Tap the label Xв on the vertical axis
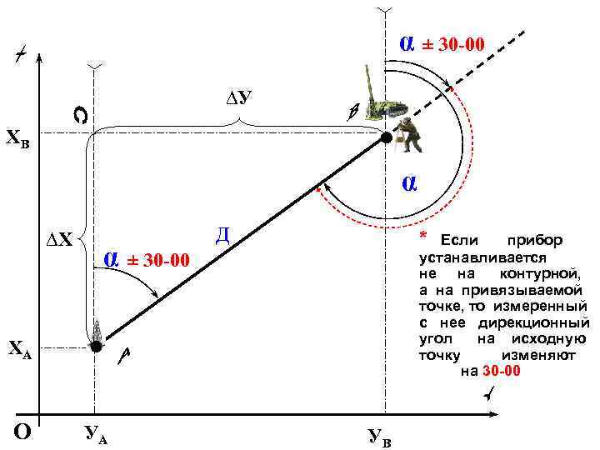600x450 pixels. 18,137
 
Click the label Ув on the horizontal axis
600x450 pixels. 378,436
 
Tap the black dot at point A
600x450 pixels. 96,345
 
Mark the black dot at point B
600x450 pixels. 386,137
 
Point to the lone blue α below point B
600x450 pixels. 409,182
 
